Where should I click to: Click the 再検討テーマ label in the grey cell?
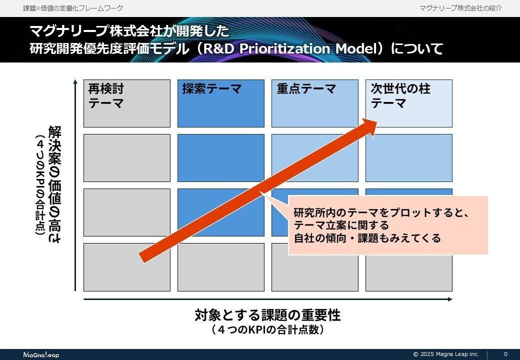tap(106, 96)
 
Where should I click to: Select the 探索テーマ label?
tap(212, 89)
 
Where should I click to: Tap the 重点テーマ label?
tap(306, 89)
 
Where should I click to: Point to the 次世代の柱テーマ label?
tap(400, 96)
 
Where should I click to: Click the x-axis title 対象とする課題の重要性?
tap(267, 316)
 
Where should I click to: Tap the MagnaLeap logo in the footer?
tap(41, 354)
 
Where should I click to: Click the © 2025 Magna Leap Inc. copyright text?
tap(446, 354)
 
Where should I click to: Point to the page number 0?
tap(505, 354)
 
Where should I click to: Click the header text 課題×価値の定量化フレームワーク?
tap(73, 8)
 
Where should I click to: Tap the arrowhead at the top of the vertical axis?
tap(75, 82)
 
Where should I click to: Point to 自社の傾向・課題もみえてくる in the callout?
tap(367, 238)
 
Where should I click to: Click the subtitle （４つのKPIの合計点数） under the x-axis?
tap(267, 330)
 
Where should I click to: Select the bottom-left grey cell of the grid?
tap(127, 266)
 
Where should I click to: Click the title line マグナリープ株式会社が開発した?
tap(129, 31)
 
